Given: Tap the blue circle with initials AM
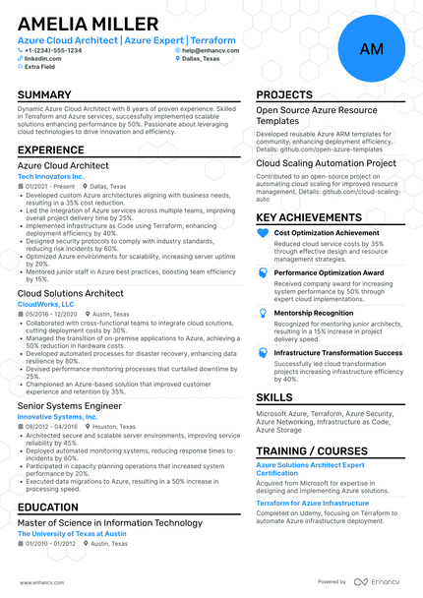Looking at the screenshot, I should (x=372, y=48).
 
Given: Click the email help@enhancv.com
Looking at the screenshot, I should (x=211, y=50).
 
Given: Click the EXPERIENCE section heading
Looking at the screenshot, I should (x=57, y=149).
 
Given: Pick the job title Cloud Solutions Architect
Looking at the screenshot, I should (x=71, y=293).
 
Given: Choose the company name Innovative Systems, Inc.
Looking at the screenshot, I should (x=58, y=417).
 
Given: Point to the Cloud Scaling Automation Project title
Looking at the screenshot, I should (x=326, y=164).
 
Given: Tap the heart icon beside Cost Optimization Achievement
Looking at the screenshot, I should (x=263, y=233).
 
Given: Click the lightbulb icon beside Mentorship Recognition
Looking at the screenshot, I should (x=263, y=313).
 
